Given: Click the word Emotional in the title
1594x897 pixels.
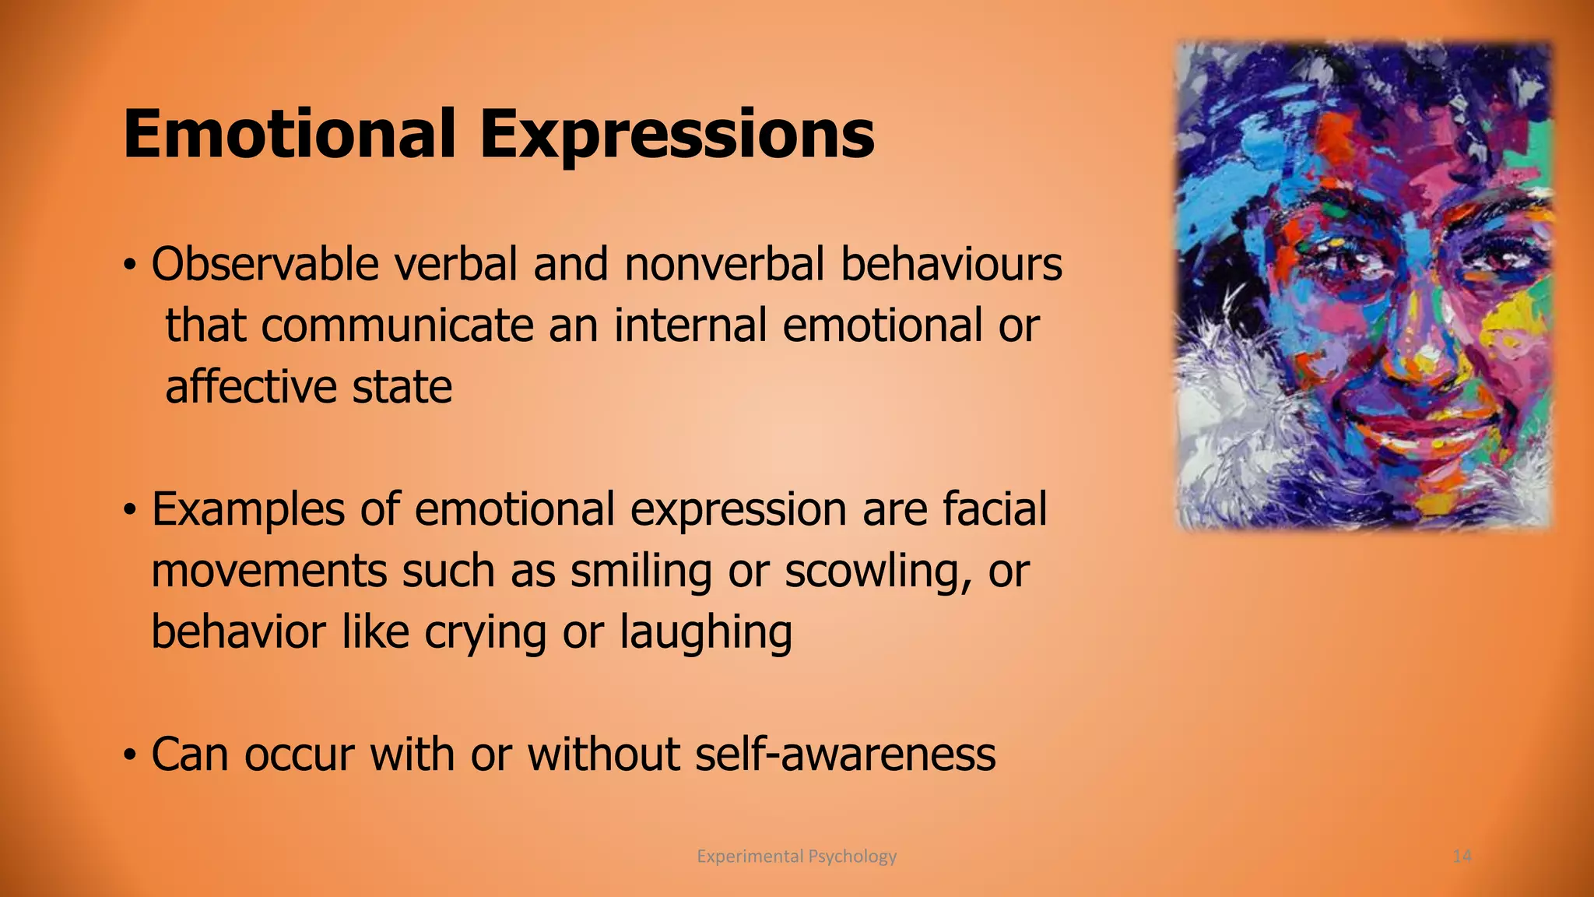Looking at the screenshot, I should [289, 134].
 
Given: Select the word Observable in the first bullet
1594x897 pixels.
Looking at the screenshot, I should [265, 264].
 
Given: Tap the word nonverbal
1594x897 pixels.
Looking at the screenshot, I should [723, 264].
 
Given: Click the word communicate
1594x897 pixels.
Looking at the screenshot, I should [397, 325].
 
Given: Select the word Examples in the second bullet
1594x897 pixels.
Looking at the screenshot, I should [248, 510].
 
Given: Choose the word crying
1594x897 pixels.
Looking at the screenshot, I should [485, 632].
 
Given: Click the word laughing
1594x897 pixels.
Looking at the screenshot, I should [705, 632].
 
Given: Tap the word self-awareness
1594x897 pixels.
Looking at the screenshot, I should [844, 755].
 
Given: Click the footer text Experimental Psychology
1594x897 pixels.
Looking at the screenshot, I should [796, 857].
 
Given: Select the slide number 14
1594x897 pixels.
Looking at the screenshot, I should [1462, 857].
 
